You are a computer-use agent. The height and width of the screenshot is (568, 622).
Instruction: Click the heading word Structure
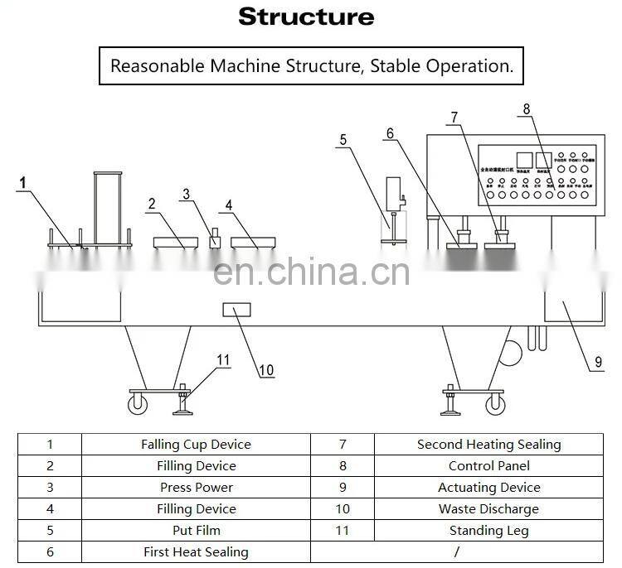[306, 17]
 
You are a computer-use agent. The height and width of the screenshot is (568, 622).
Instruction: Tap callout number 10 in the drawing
[265, 370]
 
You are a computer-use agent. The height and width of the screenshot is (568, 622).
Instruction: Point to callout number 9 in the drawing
[598, 361]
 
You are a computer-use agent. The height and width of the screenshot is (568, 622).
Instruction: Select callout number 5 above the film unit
[343, 140]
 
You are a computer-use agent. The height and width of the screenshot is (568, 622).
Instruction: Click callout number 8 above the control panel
[525, 108]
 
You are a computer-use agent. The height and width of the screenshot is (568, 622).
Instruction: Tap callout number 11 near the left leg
[222, 359]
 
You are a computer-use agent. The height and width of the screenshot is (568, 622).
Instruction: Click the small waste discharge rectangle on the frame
[236, 311]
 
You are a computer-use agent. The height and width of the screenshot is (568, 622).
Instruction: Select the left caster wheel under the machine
[137, 404]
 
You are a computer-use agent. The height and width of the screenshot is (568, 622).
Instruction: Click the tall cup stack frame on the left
[108, 207]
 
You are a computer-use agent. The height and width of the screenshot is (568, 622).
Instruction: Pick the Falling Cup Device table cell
[196, 445]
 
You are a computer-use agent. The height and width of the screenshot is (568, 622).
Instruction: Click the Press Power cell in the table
[196, 488]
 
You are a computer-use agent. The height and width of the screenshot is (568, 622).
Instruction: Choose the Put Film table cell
[196, 531]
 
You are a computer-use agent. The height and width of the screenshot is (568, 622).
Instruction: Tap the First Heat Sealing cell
[196, 551]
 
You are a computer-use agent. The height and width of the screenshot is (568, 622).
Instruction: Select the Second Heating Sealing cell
[488, 445]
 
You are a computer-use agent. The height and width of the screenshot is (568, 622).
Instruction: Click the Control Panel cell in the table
[488, 466]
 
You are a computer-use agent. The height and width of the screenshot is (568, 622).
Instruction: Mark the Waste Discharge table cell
[488, 509]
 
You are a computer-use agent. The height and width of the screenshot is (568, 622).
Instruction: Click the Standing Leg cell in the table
[488, 531]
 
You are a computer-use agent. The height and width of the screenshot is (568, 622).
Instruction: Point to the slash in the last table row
[457, 551]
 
